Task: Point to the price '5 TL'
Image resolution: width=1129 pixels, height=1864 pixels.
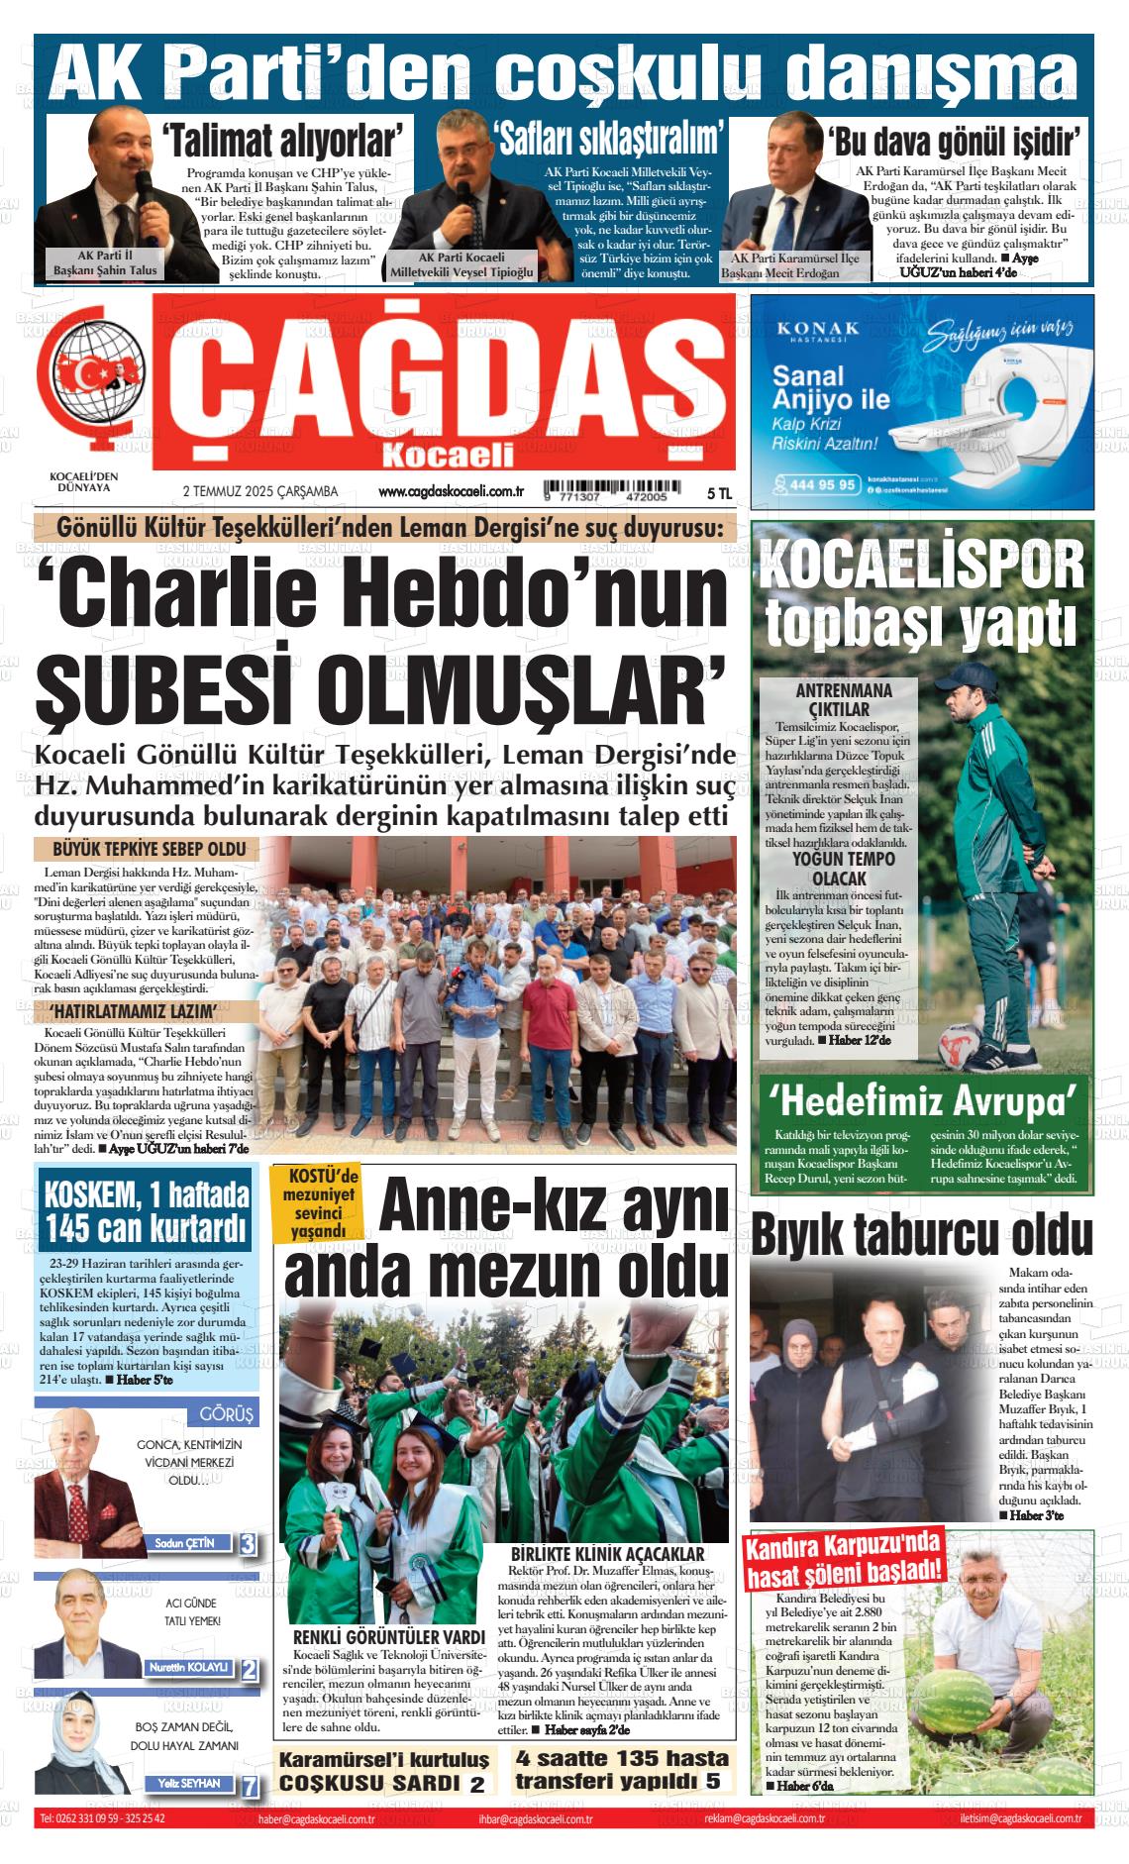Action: click(x=719, y=492)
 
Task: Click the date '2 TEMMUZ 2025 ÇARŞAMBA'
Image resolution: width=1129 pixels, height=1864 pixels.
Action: click(x=260, y=491)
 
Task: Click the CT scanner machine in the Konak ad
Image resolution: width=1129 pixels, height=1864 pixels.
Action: click(x=1000, y=396)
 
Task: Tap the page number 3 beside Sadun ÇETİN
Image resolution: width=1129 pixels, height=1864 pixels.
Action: click(x=248, y=1543)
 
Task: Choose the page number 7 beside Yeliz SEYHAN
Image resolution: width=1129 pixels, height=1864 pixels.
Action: click(x=250, y=1786)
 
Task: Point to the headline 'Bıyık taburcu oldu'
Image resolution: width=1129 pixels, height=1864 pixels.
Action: click(x=922, y=1234)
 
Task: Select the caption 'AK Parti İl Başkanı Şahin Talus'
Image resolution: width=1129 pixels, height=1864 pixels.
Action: click(x=105, y=262)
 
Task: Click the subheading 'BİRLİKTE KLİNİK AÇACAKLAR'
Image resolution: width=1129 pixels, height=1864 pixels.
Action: click(x=607, y=1555)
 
